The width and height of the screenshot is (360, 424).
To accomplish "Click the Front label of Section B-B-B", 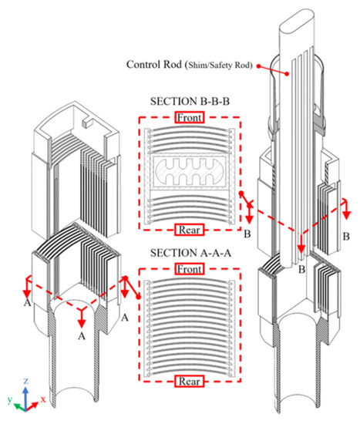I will tap(189, 118).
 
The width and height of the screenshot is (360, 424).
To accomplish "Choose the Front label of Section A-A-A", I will tap(189, 270).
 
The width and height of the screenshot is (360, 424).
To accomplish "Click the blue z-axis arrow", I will tap(26, 392).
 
